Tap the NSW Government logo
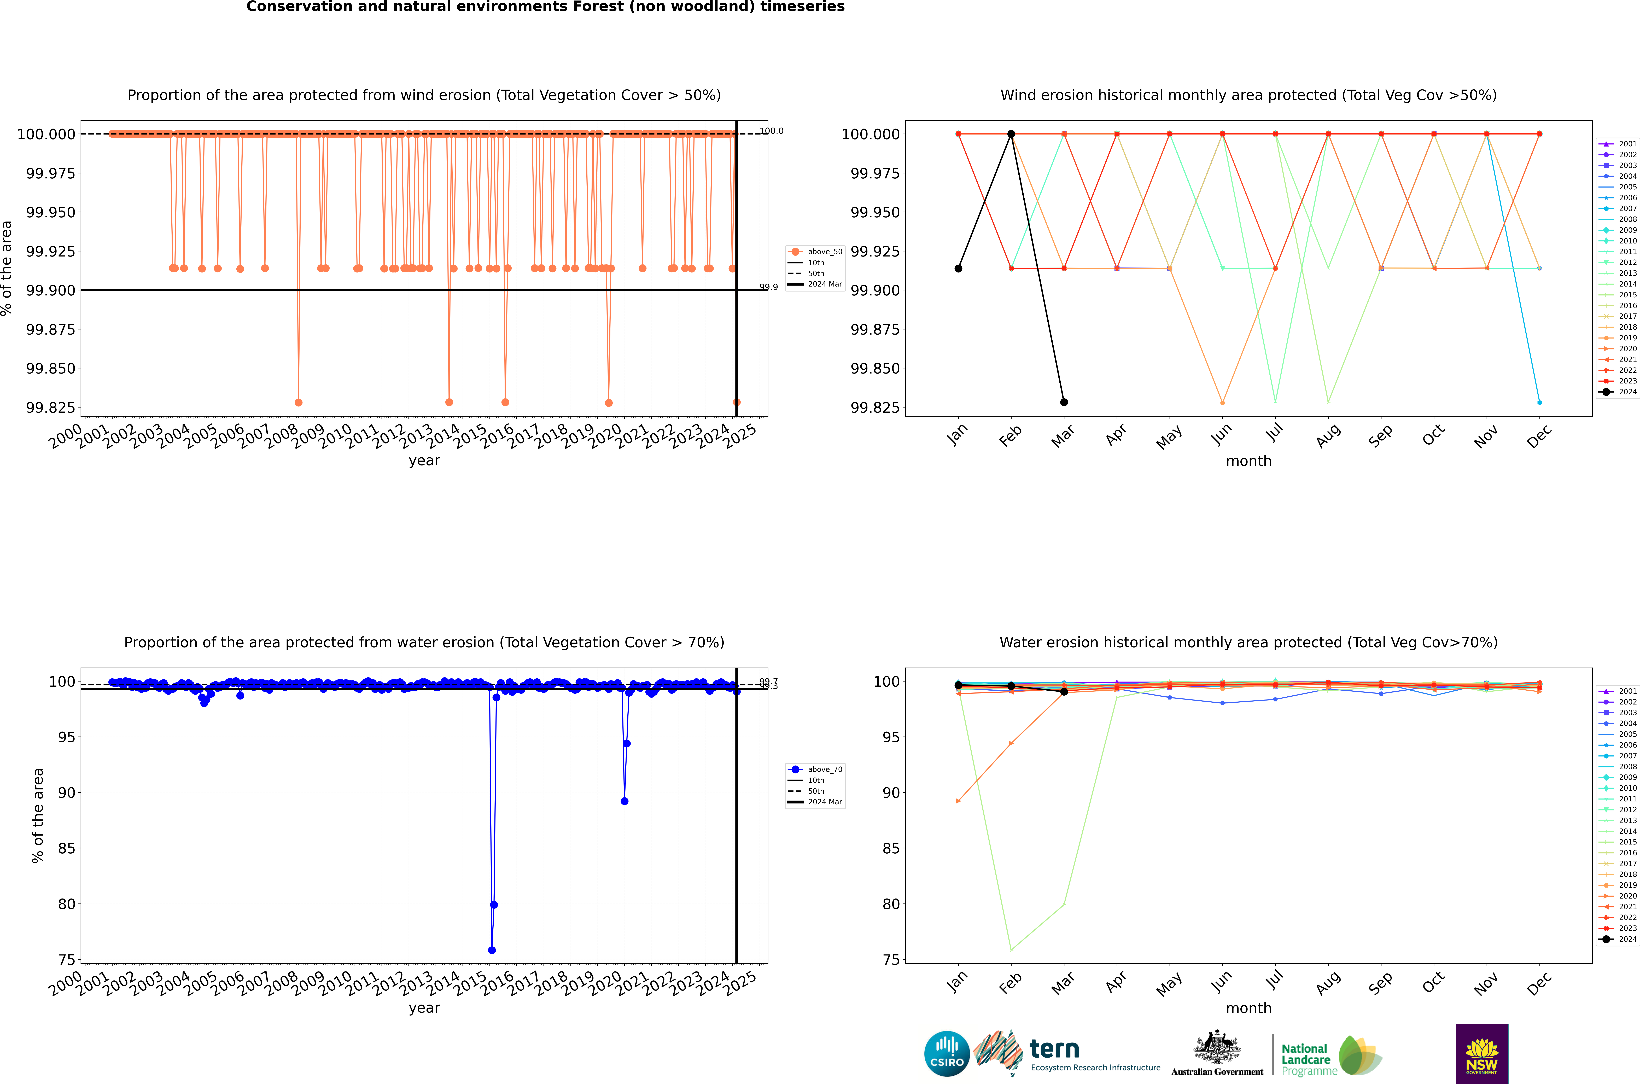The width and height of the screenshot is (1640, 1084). (1482, 1054)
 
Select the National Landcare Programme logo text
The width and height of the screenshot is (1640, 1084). (1305, 1059)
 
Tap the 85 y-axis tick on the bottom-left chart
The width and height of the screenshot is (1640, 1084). (66, 848)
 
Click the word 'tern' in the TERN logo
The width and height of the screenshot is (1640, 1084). (1054, 1050)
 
